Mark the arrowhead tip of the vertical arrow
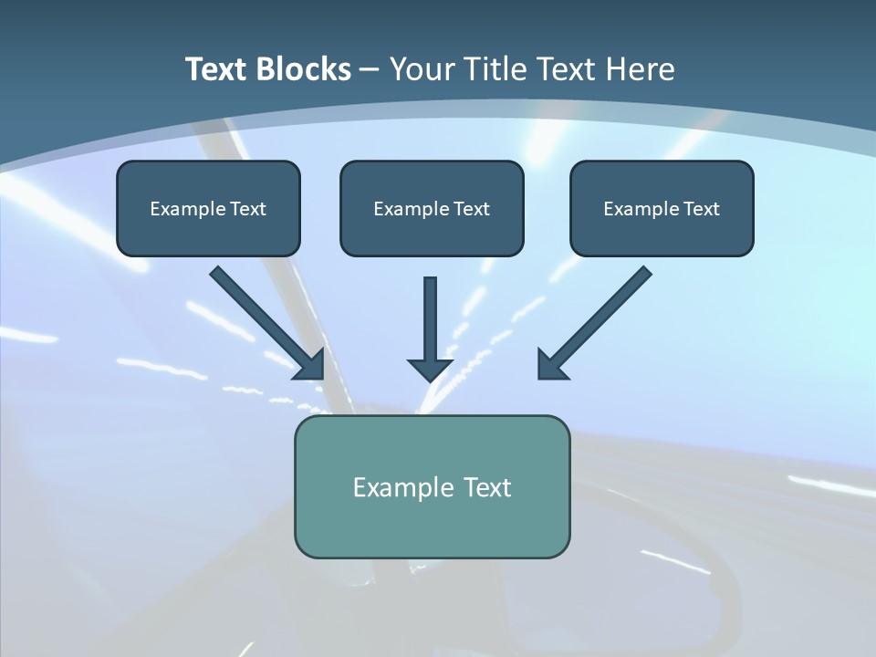click(430, 380)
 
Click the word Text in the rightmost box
click(703, 209)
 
